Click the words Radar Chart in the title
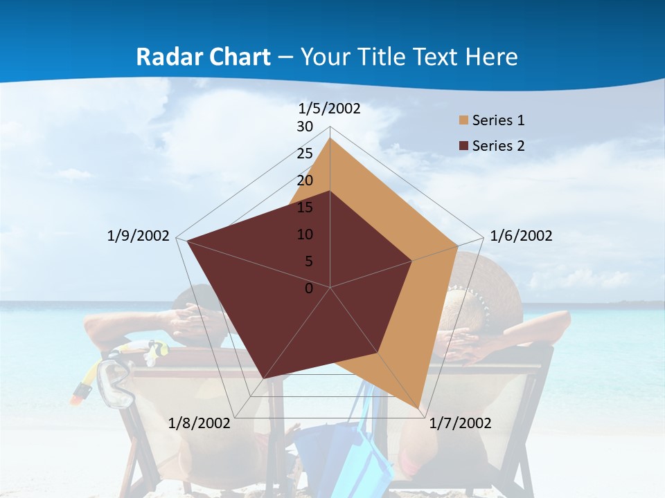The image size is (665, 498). pos(203,57)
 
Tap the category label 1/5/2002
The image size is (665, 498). pos(330,109)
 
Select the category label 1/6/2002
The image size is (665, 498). pos(521,236)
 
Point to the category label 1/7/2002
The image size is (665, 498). pos(460,423)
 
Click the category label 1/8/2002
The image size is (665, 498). pos(199,423)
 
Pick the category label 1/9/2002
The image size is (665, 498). pos(139,236)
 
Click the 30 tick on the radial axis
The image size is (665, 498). pos(305,127)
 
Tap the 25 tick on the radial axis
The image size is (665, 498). pos(305,154)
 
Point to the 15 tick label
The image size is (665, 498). pos(305,207)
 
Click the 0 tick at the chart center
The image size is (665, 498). pos(309,288)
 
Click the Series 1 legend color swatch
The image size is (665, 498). pos(463,120)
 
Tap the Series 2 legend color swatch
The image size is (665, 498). pos(463,146)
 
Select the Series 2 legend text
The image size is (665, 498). pos(498,146)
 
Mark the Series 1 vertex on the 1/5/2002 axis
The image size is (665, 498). pos(330,138)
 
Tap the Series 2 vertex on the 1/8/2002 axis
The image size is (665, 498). pos(263,378)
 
